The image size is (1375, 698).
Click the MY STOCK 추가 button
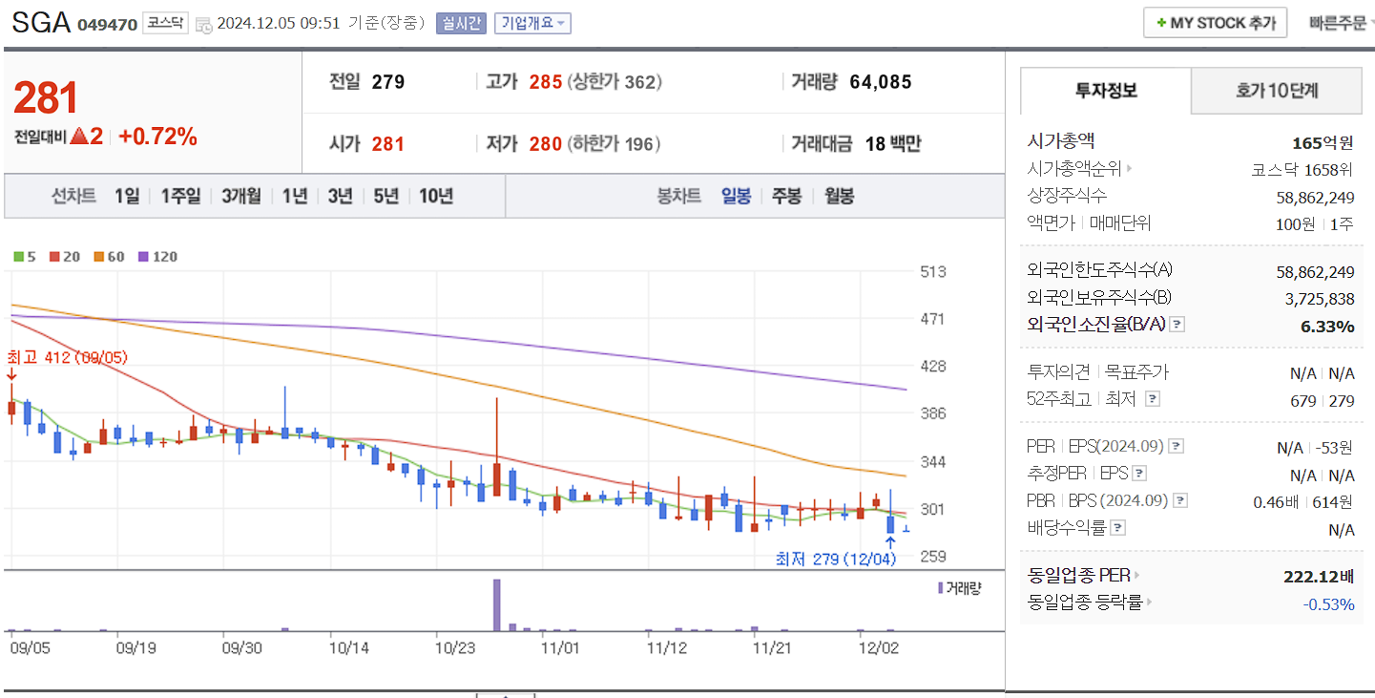[1215, 23]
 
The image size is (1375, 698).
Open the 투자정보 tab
[1106, 91]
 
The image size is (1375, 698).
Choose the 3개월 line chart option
[240, 197]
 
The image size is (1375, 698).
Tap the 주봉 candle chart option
[786, 197]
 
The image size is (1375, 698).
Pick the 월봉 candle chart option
[839, 197]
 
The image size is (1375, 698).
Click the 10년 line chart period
[436, 197]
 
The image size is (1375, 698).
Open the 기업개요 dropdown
[532, 23]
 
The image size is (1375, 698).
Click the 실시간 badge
[461, 23]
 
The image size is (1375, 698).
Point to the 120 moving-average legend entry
[157, 257]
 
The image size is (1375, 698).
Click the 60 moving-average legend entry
[109, 257]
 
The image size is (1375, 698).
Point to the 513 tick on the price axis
[933, 272]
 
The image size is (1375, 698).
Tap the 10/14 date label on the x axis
[348, 646]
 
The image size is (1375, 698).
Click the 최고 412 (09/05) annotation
[67, 358]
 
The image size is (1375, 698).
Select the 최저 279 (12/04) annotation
[836, 559]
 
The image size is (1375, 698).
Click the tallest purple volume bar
[496, 604]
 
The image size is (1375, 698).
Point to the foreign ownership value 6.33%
[1327, 327]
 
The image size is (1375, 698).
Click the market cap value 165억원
[1323, 143]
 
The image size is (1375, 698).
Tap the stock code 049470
[107, 24]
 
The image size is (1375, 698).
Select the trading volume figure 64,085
[880, 82]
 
